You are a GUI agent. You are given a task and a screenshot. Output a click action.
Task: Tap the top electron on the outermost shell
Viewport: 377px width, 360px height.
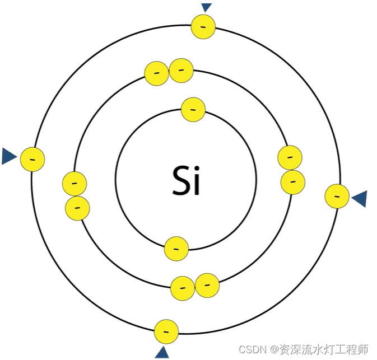tap(203, 27)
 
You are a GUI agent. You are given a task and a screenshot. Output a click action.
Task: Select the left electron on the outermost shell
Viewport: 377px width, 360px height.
tap(32, 159)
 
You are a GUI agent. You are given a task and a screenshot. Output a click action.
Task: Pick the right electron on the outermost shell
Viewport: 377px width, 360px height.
tap(337, 196)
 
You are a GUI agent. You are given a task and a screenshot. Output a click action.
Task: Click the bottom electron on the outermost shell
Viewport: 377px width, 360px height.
tap(166, 331)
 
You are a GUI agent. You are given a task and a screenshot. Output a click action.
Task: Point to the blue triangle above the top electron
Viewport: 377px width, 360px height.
tap(206, 7)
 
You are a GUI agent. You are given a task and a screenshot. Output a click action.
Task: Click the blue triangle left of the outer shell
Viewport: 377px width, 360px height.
tap(8, 156)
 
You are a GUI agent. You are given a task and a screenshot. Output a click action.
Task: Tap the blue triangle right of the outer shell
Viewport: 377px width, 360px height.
tap(360, 198)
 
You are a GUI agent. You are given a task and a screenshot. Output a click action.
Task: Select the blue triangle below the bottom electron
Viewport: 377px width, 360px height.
tap(162, 353)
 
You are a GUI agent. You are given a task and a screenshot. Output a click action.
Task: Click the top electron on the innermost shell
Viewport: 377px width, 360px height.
tap(193, 109)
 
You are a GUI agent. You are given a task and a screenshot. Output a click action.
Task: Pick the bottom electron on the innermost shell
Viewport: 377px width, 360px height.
tap(176, 249)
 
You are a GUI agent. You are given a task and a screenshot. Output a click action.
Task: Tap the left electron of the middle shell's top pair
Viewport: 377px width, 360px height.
tap(156, 73)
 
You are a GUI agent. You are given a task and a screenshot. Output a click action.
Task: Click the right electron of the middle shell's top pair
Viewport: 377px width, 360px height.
tap(181, 71)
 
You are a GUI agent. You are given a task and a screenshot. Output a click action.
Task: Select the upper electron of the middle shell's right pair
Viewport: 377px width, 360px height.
tap(290, 158)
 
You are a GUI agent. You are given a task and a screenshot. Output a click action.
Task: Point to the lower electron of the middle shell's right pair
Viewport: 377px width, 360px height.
tap(292, 182)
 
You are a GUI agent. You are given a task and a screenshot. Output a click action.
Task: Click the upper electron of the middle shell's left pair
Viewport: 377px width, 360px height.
tap(75, 184)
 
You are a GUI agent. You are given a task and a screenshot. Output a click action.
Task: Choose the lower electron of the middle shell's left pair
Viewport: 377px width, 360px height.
tap(77, 208)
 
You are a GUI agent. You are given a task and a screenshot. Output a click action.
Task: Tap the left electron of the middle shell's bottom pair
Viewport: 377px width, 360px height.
tap(183, 288)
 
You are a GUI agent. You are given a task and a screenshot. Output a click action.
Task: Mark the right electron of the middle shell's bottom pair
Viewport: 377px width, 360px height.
tap(207, 286)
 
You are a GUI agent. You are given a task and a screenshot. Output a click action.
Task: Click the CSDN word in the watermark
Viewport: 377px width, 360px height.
tap(251, 349)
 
